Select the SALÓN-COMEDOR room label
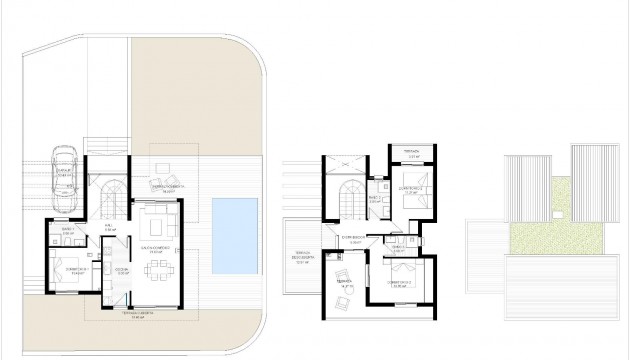(x=158, y=250)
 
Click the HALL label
(x=110, y=227)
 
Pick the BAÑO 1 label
(x=68, y=230)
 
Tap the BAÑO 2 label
(x=374, y=198)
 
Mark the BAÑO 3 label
(x=397, y=250)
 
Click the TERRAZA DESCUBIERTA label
(x=300, y=256)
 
